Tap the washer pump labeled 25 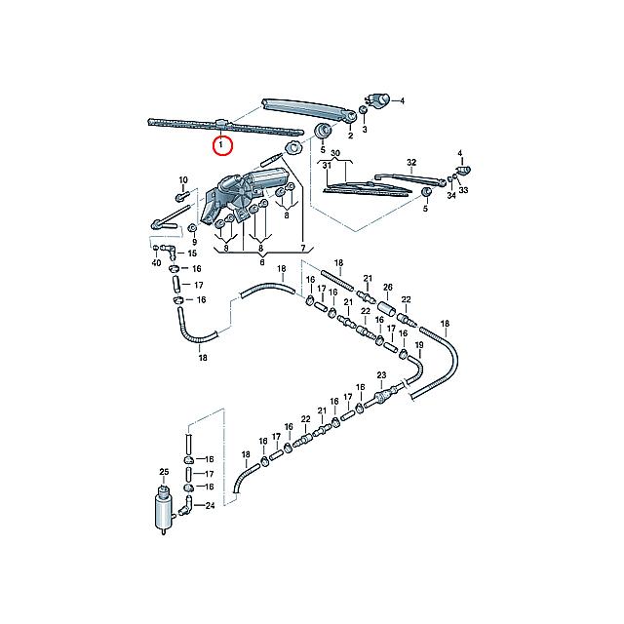(164, 509)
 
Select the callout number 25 (164, 472)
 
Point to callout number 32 (411, 163)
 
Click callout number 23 (381, 374)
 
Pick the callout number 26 (388, 287)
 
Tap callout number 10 (183, 180)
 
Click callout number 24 (210, 506)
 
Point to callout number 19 (419, 345)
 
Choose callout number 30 (335, 153)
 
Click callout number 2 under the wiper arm (350, 136)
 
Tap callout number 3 (365, 130)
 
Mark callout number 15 (192, 253)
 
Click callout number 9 (195, 242)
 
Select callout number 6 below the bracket (262, 262)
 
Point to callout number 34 (450, 195)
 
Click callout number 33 (464, 190)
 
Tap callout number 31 (327, 165)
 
